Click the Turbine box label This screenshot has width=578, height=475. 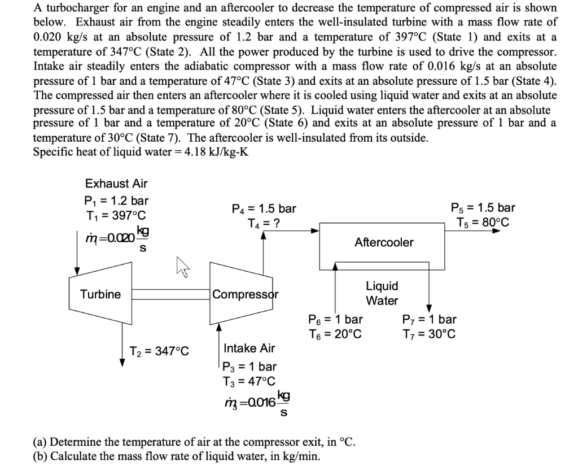tap(100, 294)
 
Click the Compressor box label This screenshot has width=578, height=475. tap(246, 294)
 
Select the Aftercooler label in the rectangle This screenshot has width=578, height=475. tap(384, 242)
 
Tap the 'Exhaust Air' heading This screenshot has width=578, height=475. tap(116, 183)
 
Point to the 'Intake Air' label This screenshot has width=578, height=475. tap(249, 348)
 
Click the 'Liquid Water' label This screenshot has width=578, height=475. tap(382, 293)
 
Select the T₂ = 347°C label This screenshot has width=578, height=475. tap(159, 351)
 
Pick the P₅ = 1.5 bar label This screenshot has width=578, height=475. tap(483, 207)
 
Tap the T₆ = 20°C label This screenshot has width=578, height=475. tap(335, 334)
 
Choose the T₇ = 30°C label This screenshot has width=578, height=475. tap(429, 334)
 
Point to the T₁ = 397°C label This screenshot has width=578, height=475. tap(115, 215)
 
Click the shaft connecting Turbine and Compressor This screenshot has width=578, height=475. tap(171, 294)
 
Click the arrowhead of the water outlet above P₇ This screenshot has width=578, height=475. tap(429, 307)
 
